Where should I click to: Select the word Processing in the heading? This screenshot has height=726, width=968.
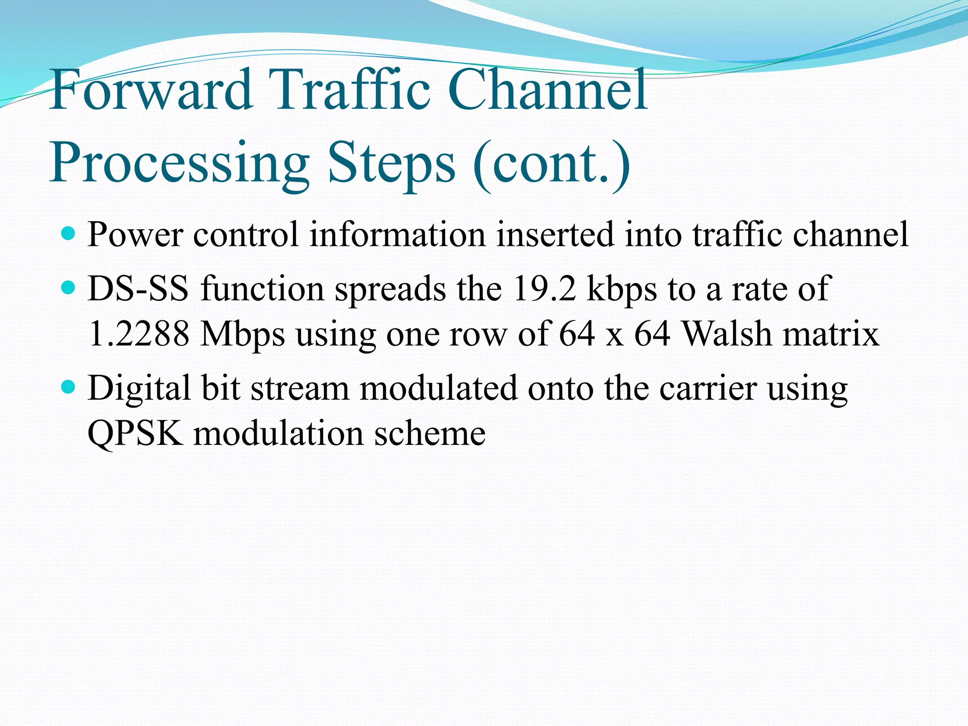pos(180,163)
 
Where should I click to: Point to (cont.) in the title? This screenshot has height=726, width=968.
pos(551,163)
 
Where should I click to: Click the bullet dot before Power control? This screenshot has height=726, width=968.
pos(69,233)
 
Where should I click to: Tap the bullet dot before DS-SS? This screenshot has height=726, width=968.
pos(69,287)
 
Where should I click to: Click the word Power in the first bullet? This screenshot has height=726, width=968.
pos(135,234)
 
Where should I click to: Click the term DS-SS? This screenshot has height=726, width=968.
pos(138,288)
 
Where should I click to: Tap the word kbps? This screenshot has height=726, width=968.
pos(622,289)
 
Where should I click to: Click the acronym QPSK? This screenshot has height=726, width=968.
pos(135,434)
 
